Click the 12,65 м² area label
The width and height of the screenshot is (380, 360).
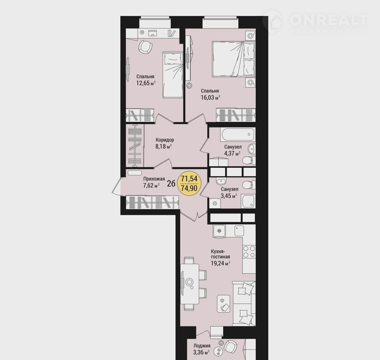pyautogui.click(x=146, y=83)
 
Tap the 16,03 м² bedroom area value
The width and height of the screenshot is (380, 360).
pyautogui.click(x=210, y=98)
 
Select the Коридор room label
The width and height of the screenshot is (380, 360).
pyautogui.click(x=165, y=140)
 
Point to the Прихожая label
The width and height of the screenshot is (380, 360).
pyautogui.click(x=154, y=179)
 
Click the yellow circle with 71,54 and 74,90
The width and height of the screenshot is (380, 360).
pyautogui.click(x=189, y=184)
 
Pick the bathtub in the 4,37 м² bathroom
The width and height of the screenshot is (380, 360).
pyautogui.click(x=237, y=135)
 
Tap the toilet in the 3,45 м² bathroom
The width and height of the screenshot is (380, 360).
pyautogui.click(x=249, y=185)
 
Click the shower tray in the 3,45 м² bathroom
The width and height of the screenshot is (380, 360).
pyautogui.click(x=248, y=201)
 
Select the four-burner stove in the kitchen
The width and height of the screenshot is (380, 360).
pyautogui.click(x=249, y=252)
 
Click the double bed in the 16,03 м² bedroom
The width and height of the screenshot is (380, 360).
pyautogui.click(x=234, y=59)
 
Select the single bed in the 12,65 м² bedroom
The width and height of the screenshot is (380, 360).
pyautogui.click(x=173, y=75)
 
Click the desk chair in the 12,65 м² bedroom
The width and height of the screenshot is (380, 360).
pyautogui.click(x=145, y=47)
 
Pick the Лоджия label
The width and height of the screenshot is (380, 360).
pyautogui.click(x=202, y=346)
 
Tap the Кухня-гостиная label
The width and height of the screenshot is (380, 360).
pyautogui.click(x=220, y=254)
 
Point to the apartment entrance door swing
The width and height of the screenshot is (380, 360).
pyautogui.click(x=116, y=186)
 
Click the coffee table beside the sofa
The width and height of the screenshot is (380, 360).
pyautogui.click(x=224, y=303)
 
